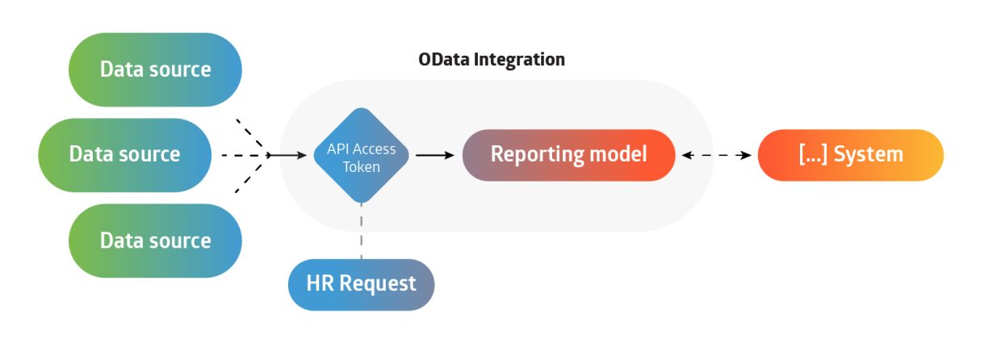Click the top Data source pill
tap(155, 69)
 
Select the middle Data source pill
tap(124, 154)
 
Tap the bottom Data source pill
tap(155, 241)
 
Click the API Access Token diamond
tap(361, 155)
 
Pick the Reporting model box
tap(568, 154)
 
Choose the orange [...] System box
tap(850, 154)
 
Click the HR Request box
tap(361, 284)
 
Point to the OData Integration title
tap(491, 60)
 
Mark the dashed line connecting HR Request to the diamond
tap(361, 230)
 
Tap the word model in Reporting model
tap(620, 154)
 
